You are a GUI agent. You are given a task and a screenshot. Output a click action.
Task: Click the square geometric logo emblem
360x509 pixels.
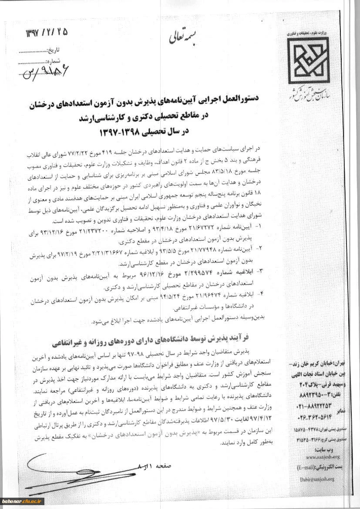(309, 61)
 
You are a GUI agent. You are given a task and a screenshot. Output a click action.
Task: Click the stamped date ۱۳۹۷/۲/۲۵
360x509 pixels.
(47, 33)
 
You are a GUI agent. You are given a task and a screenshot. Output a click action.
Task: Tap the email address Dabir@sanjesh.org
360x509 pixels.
(316, 479)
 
